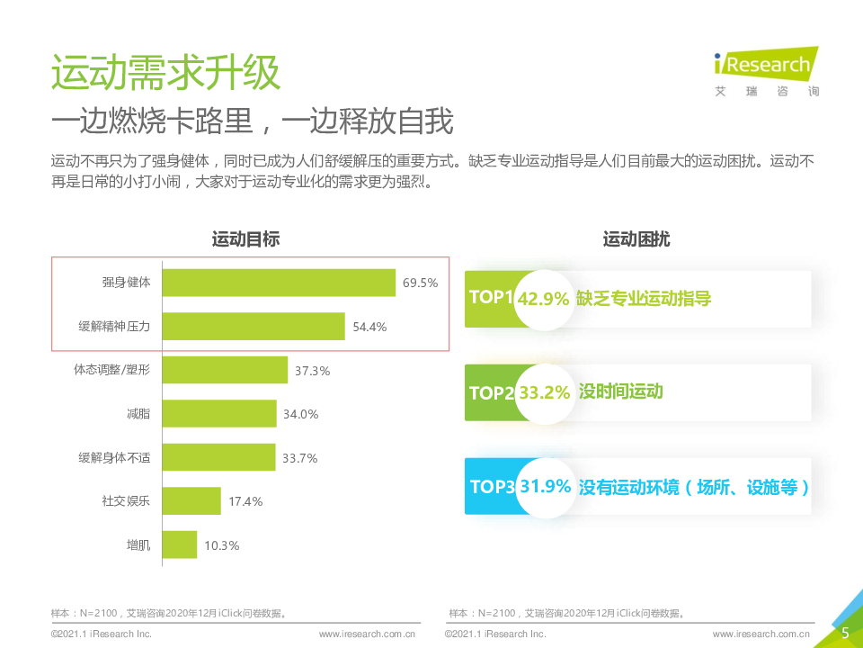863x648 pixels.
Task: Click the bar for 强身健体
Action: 279,283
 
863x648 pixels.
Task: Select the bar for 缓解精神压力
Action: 254,327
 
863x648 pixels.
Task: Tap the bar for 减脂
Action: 219,414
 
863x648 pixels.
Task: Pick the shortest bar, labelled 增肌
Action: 180,544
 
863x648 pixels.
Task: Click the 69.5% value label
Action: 420,283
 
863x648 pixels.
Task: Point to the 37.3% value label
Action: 313,371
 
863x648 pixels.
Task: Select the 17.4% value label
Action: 245,501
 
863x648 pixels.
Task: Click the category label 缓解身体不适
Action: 114,458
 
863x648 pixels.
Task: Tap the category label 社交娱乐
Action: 126,501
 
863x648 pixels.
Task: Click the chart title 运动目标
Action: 245,239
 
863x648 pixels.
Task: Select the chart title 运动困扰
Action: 636,239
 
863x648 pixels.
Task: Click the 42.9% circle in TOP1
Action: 544,299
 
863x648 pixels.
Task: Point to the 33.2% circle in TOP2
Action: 544,393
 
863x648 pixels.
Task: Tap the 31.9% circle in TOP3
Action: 546,487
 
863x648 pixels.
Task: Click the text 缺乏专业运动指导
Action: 644,299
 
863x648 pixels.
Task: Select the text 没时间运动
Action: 620,391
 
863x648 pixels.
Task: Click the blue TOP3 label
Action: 491,487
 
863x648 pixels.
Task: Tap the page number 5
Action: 845,633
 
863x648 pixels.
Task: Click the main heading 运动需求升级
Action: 165,74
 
